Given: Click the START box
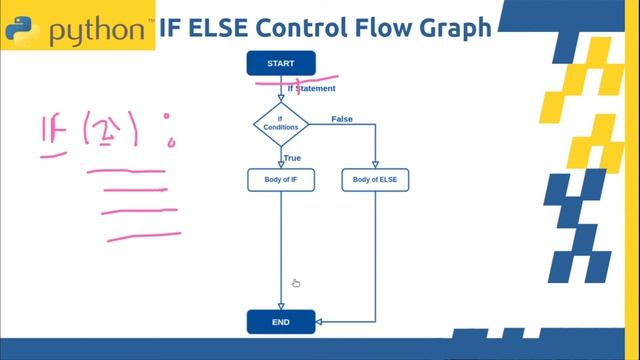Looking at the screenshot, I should (281, 63).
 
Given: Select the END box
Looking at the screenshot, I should (281, 322).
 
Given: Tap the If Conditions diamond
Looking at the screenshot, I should (281, 123).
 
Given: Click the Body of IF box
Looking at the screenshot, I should (281, 180).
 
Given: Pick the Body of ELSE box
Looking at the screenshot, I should (375, 180).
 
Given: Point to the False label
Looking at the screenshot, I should (342, 119).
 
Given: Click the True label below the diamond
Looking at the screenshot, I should (292, 158).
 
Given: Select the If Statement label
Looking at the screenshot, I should (311, 89).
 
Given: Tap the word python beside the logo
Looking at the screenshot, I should (96, 29).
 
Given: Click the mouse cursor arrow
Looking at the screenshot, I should (296, 283).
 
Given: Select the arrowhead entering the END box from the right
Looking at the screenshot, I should (319, 322).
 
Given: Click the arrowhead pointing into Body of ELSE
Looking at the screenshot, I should (375, 166).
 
